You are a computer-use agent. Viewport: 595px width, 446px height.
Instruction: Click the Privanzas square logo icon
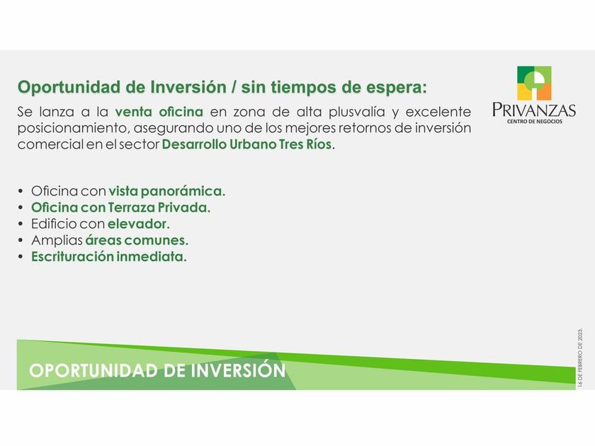[x=534, y=83]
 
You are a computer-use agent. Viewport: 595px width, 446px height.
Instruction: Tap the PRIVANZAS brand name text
[x=534, y=110]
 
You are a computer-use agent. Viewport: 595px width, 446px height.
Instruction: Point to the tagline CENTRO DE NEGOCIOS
[x=535, y=121]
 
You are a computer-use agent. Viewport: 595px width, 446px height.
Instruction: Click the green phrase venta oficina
[x=159, y=112]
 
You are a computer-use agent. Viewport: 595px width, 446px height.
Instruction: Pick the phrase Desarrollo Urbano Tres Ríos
[x=246, y=144]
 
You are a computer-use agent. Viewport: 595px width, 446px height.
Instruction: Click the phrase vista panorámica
[x=167, y=191]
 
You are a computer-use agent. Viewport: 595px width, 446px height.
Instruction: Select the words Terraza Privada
[x=159, y=207]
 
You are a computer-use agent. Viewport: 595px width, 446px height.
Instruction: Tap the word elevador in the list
[x=139, y=224]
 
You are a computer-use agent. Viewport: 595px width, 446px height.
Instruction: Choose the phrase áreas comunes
[x=137, y=240]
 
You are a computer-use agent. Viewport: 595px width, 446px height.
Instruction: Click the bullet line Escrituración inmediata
[x=109, y=257]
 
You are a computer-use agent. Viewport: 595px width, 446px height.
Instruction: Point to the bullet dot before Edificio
[x=21, y=224]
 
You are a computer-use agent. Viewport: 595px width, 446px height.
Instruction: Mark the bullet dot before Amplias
[x=21, y=241]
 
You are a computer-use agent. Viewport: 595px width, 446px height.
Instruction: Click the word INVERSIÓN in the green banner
[x=238, y=370]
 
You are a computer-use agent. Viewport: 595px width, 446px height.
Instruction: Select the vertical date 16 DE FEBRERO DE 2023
[x=580, y=358]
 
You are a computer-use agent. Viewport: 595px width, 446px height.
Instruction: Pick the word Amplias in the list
[x=57, y=241]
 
